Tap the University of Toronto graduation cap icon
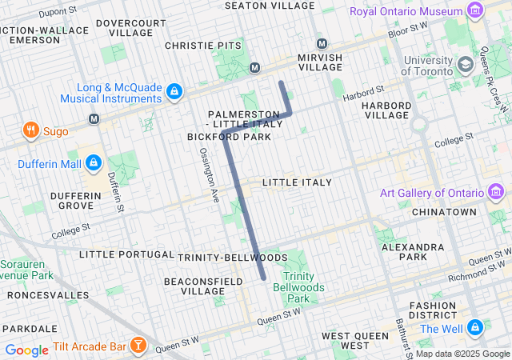coord(465,62)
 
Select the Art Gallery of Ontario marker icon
coord(497,193)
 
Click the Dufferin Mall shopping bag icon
coord(94,163)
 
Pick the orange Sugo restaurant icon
coord(30,130)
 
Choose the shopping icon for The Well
coord(475,328)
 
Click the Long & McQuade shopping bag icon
coord(174,93)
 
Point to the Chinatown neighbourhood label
coord(445,212)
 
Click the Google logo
coord(26,350)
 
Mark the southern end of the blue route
coord(263,278)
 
